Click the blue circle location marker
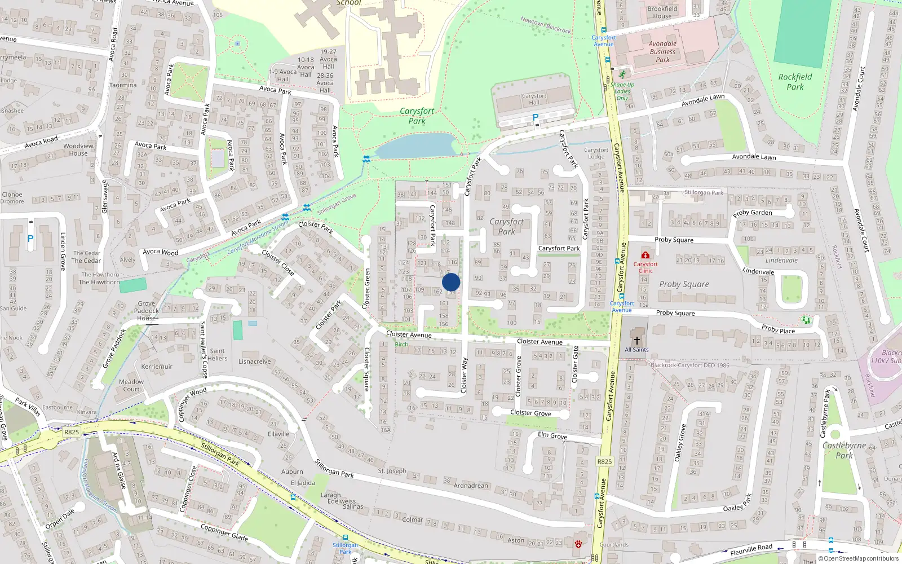tap(451, 282)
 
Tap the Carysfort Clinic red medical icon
tap(645, 255)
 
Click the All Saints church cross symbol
tap(637, 341)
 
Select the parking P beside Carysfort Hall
tap(536, 117)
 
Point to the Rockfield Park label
tap(795, 82)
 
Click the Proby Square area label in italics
tap(684, 284)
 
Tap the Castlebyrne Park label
tap(844, 450)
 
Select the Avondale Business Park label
tap(662, 51)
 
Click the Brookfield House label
tap(662, 12)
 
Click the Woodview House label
tap(78, 149)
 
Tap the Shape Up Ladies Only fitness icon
tap(622, 74)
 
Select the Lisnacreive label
tap(254, 362)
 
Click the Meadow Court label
tap(131, 385)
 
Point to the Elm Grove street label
tap(552, 435)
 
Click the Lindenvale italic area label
tap(781, 260)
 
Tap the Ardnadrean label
tap(471, 486)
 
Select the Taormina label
tap(123, 85)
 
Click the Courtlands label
tap(614, 544)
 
